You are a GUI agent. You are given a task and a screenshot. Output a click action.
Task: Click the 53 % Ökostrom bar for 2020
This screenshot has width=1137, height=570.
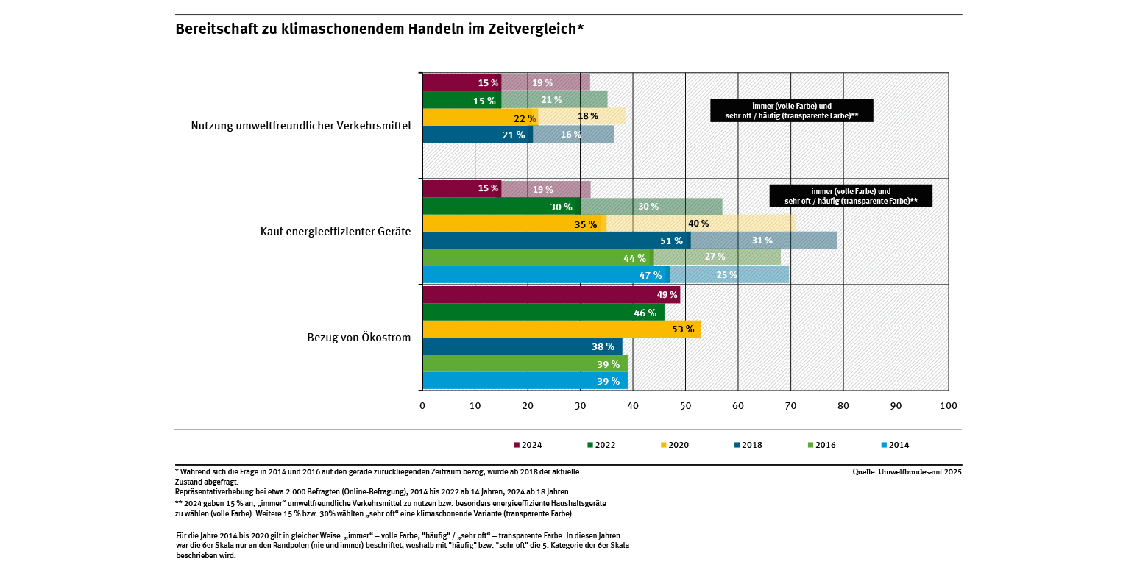[x=561, y=329]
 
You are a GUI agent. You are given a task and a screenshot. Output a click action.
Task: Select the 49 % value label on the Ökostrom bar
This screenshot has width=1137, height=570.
[x=667, y=295]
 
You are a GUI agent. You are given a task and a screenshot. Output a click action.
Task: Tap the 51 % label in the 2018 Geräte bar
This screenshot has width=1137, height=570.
[x=672, y=241]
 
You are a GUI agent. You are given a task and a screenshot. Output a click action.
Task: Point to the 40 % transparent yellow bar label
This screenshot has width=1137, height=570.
[x=698, y=224]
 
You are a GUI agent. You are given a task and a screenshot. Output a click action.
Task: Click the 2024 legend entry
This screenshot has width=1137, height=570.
[x=528, y=445]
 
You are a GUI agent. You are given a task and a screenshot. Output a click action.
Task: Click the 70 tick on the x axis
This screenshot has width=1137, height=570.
[x=790, y=405]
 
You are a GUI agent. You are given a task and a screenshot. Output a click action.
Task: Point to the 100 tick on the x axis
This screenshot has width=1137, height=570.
[x=949, y=405]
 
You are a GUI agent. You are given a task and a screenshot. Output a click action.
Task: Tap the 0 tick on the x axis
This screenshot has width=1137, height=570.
[x=422, y=405]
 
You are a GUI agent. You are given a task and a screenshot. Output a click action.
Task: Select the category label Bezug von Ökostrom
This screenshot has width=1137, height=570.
[x=358, y=338]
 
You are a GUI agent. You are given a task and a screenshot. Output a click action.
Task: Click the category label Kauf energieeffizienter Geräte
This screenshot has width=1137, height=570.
[x=336, y=232]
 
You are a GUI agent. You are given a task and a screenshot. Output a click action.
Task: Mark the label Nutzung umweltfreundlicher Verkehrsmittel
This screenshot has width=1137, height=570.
[x=300, y=126]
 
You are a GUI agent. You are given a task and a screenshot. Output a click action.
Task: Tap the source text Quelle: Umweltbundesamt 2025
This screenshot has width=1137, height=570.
[x=907, y=472]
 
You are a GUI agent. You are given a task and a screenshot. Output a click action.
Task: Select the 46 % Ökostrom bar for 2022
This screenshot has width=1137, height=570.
[x=543, y=312]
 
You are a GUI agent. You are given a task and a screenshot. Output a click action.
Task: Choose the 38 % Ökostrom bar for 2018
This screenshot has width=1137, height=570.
[x=522, y=346]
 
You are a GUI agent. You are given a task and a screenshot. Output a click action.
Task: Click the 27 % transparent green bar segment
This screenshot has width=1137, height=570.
[x=715, y=257]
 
